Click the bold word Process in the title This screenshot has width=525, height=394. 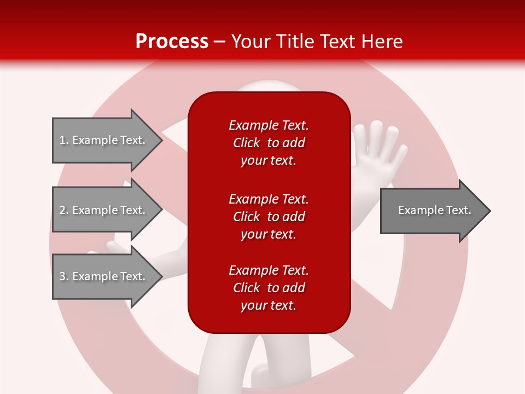[x=172, y=42]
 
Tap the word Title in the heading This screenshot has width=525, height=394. [x=294, y=41]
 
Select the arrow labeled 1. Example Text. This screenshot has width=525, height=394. [x=108, y=141]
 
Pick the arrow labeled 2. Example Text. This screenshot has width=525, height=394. [x=108, y=210]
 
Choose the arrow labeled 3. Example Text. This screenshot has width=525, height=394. [x=108, y=276]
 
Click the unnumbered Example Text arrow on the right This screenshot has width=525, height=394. [x=436, y=211]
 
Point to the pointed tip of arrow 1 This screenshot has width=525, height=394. [x=162, y=141]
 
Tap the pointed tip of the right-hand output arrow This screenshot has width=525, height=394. [x=491, y=211]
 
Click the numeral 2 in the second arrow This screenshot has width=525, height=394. [x=62, y=210]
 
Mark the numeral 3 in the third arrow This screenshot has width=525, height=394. [x=62, y=276]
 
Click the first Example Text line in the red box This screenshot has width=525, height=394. [x=269, y=125]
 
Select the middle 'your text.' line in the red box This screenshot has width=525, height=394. [x=269, y=235]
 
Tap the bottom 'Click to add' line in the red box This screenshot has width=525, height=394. [x=269, y=288]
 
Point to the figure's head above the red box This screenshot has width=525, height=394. [x=268, y=86]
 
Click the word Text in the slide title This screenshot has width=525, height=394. [x=337, y=41]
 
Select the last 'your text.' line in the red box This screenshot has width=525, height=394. [x=269, y=305]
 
